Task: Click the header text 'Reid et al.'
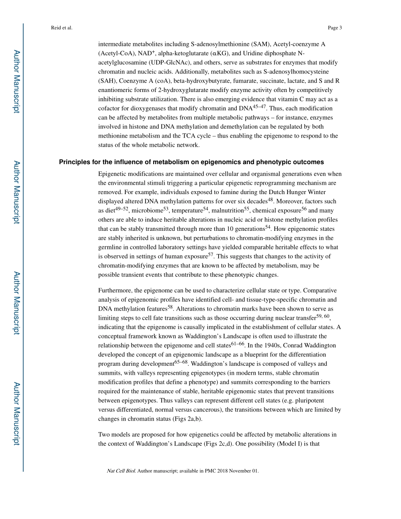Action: coord(62,28)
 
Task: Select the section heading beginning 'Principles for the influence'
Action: coord(191,162)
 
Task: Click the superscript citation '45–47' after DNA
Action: coord(259,106)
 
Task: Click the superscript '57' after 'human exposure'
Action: coord(211,254)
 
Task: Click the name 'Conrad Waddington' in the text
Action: coord(311,346)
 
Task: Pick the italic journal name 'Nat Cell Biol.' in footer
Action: coord(121,471)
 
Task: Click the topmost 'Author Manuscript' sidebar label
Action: coord(16,81)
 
